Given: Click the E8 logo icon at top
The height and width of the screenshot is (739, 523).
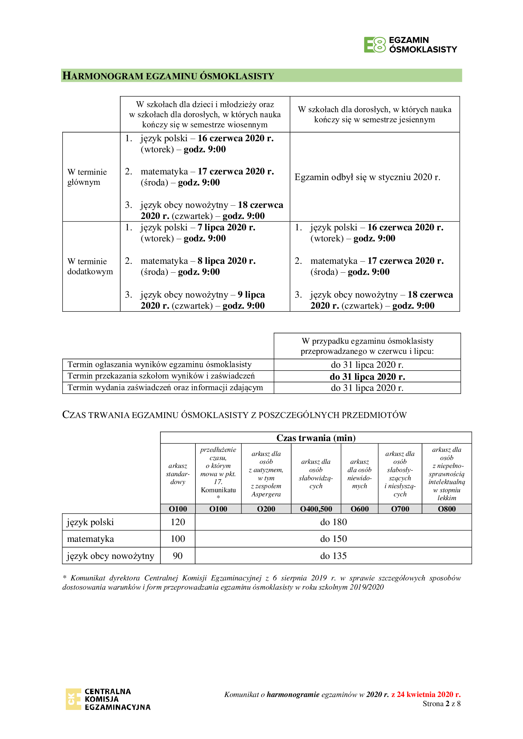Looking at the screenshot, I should [374, 45].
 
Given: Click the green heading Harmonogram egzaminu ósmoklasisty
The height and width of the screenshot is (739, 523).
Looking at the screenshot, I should [168, 76].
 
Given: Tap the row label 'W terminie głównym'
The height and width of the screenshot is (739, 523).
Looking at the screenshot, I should [87, 177].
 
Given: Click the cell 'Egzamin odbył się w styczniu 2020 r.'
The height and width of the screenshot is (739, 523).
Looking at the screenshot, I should [367, 177].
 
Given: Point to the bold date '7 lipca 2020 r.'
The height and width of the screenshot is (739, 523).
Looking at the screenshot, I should [226, 227].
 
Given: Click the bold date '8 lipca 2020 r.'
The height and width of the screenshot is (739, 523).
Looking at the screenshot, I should [226, 261].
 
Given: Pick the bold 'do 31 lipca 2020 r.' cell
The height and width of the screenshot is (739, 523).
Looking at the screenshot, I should [367, 377].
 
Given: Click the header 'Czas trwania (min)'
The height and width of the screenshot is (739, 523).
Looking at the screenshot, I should [316, 438].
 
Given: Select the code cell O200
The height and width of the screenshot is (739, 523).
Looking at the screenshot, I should [266, 509].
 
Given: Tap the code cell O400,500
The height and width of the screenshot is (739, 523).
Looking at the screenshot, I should [316, 509].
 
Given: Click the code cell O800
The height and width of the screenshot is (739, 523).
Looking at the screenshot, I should [446, 509].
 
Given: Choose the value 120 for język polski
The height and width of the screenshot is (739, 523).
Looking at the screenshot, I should [178, 522].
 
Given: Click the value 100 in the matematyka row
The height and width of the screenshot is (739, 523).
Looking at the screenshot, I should [178, 539].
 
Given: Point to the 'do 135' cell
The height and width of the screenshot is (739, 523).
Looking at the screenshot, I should [333, 556].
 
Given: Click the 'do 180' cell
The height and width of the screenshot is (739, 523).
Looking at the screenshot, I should [333, 522].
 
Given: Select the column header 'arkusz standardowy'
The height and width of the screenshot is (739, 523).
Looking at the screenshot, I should [178, 474].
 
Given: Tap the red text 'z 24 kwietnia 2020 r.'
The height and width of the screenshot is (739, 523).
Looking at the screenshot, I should [426, 694].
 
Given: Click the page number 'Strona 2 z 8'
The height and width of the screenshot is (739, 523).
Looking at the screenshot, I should [441, 704].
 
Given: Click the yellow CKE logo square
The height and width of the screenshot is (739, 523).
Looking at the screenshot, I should [73, 699].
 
